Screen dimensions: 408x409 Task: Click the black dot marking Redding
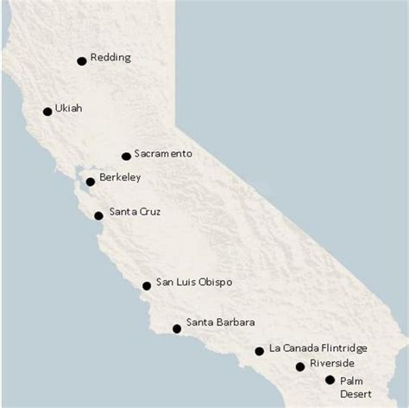click(x=82, y=61)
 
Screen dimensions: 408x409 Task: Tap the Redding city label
click(x=110, y=58)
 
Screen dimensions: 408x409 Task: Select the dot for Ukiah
click(x=47, y=112)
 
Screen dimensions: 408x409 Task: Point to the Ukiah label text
click(x=67, y=109)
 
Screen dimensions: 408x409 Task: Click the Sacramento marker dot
click(x=126, y=156)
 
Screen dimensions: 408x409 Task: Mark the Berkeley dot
click(x=90, y=182)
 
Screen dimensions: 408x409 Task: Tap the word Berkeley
click(x=120, y=177)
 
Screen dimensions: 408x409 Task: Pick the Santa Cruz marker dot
click(x=98, y=216)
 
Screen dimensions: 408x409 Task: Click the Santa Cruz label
click(x=134, y=212)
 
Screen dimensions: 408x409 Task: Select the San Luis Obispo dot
click(x=147, y=285)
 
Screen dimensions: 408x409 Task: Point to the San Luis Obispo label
click(x=193, y=283)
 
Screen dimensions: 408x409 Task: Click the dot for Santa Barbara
click(x=177, y=328)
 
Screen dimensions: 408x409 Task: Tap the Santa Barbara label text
click(x=220, y=323)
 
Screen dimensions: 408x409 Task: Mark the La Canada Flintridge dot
click(x=259, y=351)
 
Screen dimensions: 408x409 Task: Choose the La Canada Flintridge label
click(x=318, y=348)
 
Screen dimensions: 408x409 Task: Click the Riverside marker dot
click(x=300, y=367)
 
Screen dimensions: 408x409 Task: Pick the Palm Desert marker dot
click(x=330, y=379)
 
